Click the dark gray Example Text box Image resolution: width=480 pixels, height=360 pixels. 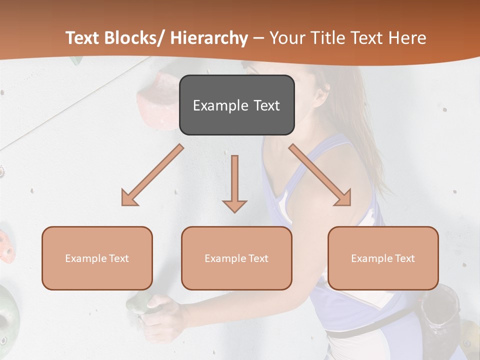[236, 105]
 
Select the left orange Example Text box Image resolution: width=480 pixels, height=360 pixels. [97, 258]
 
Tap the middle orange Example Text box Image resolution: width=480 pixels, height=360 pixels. [236, 258]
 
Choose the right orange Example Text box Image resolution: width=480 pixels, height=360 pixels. [383, 258]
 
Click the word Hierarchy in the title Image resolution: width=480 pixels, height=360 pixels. [209, 38]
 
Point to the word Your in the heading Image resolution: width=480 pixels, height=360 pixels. [287, 38]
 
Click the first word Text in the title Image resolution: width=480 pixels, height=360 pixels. [83, 38]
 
